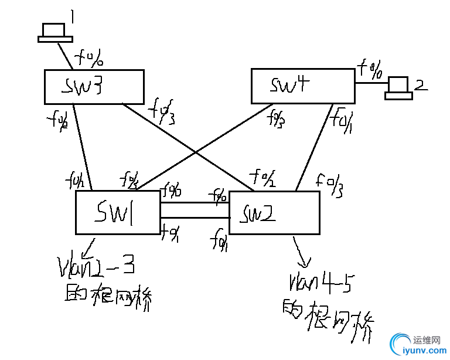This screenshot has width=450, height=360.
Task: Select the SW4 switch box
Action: pyautogui.click(x=302, y=86)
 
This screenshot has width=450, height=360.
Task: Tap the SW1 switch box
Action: pyautogui.click(x=117, y=212)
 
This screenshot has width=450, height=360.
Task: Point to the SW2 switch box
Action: pyautogui.click(x=274, y=212)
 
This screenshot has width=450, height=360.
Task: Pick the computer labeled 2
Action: pyautogui.click(x=400, y=87)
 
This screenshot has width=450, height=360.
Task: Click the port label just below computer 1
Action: pyautogui.click(x=90, y=59)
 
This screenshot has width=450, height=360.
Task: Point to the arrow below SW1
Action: pyautogui.click(x=90, y=244)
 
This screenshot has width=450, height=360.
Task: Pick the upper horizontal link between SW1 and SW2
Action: pyautogui.click(x=194, y=203)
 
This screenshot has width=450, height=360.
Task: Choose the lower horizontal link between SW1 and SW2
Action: pyautogui.click(x=194, y=217)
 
